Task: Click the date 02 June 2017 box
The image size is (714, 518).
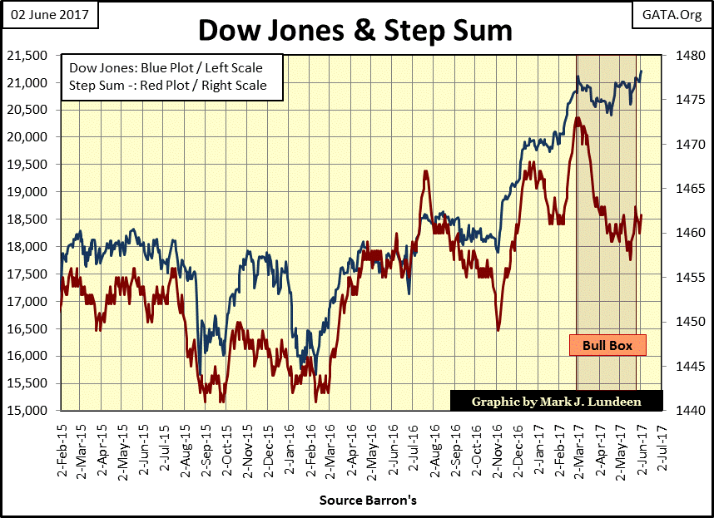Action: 50,14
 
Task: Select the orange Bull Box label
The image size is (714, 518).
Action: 607,345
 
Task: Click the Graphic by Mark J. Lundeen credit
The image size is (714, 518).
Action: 557,401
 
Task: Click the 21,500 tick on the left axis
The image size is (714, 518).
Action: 30,56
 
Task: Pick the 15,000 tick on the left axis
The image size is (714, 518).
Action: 30,411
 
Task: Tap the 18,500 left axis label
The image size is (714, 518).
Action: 30,220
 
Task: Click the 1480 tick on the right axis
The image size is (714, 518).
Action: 682,56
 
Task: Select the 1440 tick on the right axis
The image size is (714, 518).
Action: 682,411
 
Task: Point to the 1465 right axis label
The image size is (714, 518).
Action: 682,189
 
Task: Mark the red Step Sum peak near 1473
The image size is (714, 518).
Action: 578,118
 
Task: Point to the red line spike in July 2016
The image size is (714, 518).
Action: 425,172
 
